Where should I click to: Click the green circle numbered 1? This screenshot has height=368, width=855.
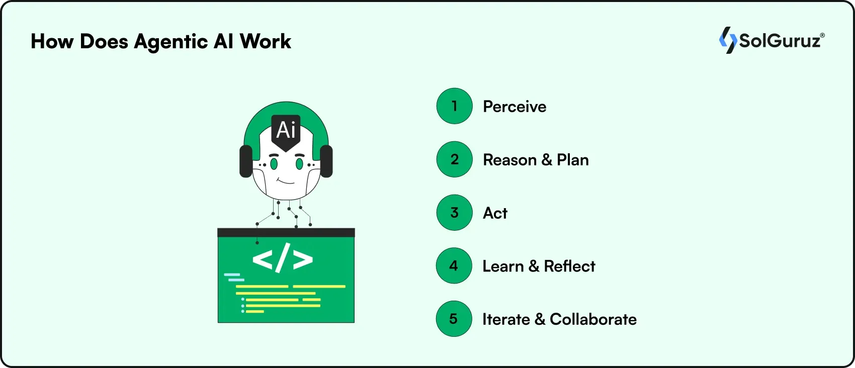pyautogui.click(x=454, y=106)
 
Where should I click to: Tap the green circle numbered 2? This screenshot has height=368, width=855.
pyautogui.click(x=454, y=159)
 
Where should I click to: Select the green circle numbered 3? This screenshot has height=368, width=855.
pyautogui.click(x=454, y=213)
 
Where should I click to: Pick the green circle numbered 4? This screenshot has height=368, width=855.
pyautogui.click(x=454, y=265)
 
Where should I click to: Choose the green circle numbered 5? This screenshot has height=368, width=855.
pyautogui.click(x=454, y=319)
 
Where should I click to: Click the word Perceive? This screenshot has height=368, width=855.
pyautogui.click(x=515, y=107)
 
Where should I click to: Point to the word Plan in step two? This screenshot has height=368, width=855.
pyautogui.click(x=572, y=160)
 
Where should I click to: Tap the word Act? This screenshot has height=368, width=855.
pyautogui.click(x=495, y=213)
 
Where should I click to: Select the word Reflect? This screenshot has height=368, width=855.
pyautogui.click(x=569, y=266)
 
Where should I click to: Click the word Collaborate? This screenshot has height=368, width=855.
pyautogui.click(x=593, y=319)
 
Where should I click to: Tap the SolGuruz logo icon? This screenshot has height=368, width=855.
pyautogui.click(x=727, y=40)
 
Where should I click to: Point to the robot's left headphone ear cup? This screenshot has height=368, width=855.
pyautogui.click(x=245, y=161)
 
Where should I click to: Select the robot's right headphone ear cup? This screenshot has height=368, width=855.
pyautogui.click(x=326, y=161)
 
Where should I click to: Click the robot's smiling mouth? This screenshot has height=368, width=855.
pyautogui.click(x=286, y=181)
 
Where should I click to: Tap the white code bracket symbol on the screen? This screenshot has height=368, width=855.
pyautogui.click(x=282, y=258)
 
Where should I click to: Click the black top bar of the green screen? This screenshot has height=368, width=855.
pyautogui.click(x=286, y=232)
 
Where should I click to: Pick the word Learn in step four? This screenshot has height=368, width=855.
pyautogui.click(x=503, y=266)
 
